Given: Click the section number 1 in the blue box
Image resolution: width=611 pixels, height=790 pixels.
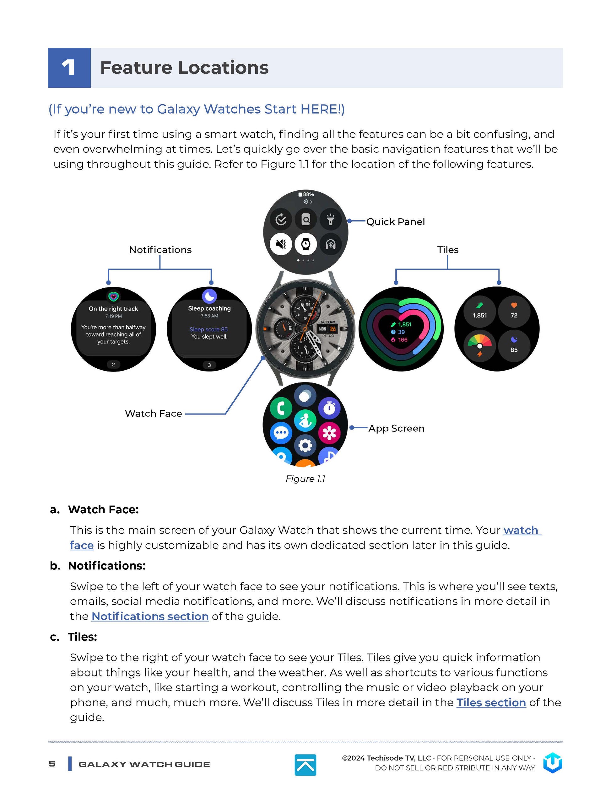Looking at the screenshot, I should tap(68, 68).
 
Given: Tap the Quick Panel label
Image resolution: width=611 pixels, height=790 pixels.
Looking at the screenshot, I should tap(395, 222).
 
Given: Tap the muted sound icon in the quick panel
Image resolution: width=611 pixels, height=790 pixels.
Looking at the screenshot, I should tap(281, 244).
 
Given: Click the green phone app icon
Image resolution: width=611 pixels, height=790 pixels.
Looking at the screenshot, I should tap(281, 408).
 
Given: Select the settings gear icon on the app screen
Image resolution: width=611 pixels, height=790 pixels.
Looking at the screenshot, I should tap(305, 445).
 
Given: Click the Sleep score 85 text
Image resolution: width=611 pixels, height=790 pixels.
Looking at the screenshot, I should tap(208, 329).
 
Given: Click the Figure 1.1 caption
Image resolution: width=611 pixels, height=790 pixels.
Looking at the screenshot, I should tap(305, 478).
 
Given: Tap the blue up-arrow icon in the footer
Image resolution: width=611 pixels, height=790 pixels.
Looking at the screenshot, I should tap(305, 765).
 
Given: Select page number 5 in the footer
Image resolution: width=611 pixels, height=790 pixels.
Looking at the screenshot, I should tap(52, 764).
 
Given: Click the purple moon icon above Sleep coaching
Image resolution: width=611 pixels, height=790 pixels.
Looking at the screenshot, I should tap(209, 296).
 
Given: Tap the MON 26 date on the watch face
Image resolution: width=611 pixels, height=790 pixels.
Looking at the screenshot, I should tap(327, 329).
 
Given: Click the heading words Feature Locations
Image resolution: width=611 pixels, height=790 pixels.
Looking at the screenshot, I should tap(184, 68).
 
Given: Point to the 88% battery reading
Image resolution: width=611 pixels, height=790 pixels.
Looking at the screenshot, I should tap(306, 194).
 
